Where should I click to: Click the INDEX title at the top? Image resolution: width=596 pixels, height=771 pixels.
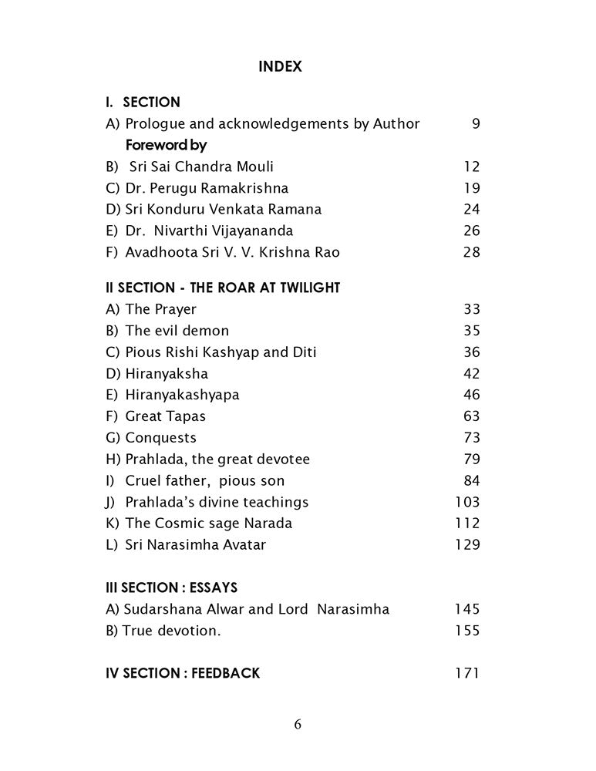click(280, 67)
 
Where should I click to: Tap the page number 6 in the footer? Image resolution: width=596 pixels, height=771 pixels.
click(298, 724)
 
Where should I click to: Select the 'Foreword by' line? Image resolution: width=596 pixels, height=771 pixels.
click(166, 145)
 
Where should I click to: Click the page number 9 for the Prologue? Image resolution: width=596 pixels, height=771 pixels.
click(475, 123)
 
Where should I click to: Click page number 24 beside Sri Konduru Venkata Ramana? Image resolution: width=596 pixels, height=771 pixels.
click(471, 210)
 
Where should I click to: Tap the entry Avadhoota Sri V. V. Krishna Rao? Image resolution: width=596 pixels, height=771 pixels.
click(223, 252)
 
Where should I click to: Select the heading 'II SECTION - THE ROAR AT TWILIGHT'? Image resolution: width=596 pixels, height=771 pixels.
click(223, 288)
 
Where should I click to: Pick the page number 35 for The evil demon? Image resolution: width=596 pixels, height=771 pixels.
click(471, 331)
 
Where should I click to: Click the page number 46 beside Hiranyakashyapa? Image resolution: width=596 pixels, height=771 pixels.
click(471, 395)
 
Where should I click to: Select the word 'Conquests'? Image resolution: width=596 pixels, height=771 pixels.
click(160, 438)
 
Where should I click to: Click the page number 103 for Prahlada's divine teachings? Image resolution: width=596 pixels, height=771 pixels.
click(467, 502)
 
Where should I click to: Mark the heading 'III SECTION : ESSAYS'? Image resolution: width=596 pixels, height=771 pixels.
click(171, 588)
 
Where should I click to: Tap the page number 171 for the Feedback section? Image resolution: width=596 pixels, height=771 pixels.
click(467, 673)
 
